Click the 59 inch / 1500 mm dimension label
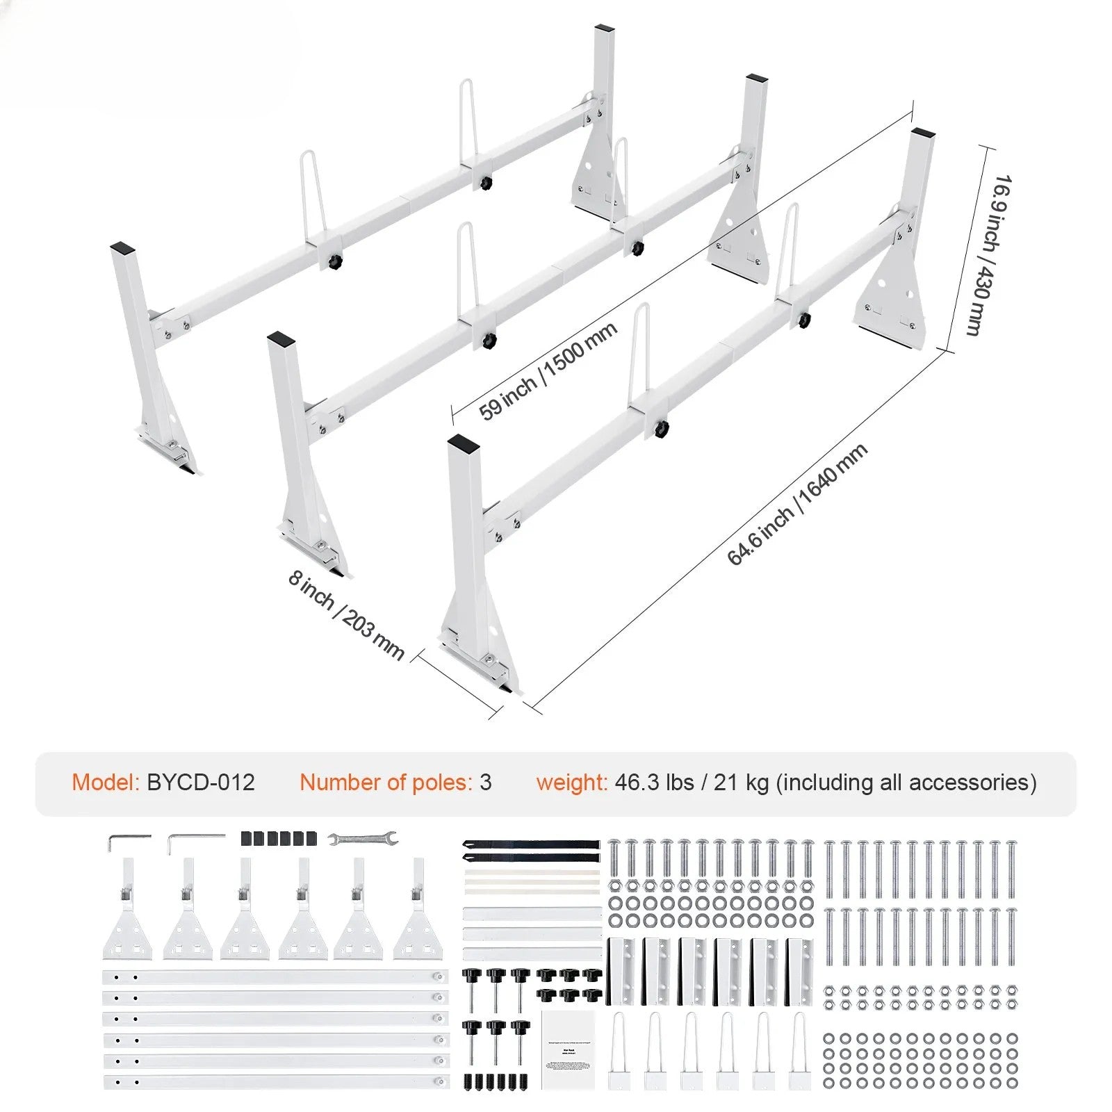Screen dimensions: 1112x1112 pyautogui.click(x=548, y=371)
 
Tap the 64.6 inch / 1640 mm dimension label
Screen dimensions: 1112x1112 pyautogui.click(x=796, y=505)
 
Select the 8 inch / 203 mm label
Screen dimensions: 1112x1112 pyautogui.click(x=345, y=615)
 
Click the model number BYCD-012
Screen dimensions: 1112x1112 pyautogui.click(x=201, y=783)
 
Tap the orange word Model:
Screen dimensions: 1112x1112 pyautogui.click(x=106, y=783)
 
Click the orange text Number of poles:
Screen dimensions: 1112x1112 pyautogui.click(x=386, y=783)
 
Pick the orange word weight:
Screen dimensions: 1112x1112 pyautogui.click(x=571, y=783)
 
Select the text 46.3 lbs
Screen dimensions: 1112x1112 pyautogui.click(x=654, y=783)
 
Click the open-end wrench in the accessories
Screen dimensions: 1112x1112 pyautogui.click(x=363, y=839)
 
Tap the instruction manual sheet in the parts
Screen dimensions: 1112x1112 pyautogui.click(x=569, y=1049)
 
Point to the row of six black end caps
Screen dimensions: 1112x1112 pyautogui.click(x=278, y=838)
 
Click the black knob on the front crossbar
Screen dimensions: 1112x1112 pyautogui.click(x=661, y=427)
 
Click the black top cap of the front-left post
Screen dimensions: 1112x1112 pyautogui.click(x=461, y=443)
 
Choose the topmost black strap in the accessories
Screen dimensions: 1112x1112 pyautogui.click(x=530, y=844)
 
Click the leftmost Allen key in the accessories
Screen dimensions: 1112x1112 pyautogui.click(x=128, y=842)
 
